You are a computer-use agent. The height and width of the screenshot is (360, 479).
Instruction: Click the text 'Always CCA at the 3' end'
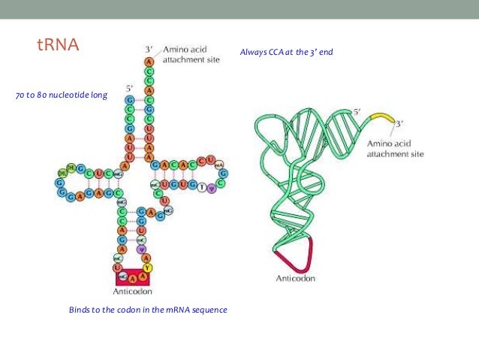[x=285, y=52]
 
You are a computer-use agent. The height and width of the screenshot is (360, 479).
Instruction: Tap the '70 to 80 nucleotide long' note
[x=61, y=95]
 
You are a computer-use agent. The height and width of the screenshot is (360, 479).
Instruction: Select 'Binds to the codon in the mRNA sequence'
[x=147, y=310]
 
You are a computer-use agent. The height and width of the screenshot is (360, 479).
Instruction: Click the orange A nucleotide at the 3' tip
[x=149, y=61]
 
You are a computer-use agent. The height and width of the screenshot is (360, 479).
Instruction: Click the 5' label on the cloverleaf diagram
[x=130, y=87]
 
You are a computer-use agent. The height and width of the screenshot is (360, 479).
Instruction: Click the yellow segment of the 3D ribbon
[x=381, y=119]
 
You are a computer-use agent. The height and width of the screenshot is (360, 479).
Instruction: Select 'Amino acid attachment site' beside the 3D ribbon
[x=395, y=148]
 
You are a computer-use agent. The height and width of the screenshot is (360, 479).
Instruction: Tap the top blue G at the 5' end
[x=130, y=100]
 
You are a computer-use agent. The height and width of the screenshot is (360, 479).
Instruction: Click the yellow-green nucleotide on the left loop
[x=71, y=167]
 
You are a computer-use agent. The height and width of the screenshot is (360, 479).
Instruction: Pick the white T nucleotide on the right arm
[x=200, y=186]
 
